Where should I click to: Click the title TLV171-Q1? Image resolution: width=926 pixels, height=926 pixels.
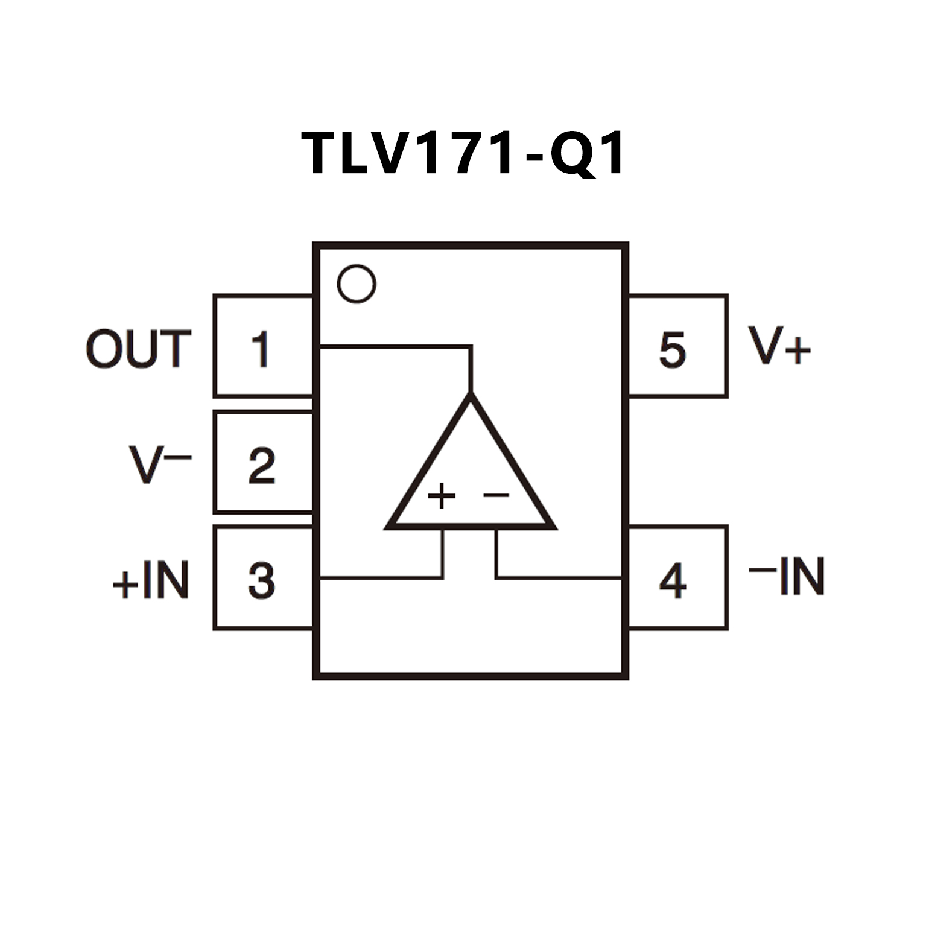click(463, 154)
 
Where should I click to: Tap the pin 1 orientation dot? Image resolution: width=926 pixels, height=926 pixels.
click(357, 284)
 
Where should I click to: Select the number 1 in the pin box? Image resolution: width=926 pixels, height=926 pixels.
click(261, 349)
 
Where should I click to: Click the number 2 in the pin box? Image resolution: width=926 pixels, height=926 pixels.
click(262, 466)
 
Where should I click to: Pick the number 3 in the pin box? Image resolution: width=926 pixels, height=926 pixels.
click(262, 581)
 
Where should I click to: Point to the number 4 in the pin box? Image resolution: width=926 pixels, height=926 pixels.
click(673, 581)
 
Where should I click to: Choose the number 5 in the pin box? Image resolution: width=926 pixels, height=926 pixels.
click(673, 350)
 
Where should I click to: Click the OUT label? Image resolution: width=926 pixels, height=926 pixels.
click(139, 349)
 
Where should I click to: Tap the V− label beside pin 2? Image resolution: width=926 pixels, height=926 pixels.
click(160, 464)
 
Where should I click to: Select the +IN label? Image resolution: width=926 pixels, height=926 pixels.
click(151, 580)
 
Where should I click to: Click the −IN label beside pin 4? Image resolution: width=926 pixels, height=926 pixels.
click(787, 576)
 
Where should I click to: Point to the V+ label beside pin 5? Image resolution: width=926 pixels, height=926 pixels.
click(779, 346)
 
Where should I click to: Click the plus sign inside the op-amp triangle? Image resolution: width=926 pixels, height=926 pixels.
click(442, 496)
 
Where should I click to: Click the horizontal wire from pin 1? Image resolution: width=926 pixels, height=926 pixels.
click(392, 347)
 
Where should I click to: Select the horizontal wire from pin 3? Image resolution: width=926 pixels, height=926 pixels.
click(380, 578)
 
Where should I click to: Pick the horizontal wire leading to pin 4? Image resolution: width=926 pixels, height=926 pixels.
click(561, 578)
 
